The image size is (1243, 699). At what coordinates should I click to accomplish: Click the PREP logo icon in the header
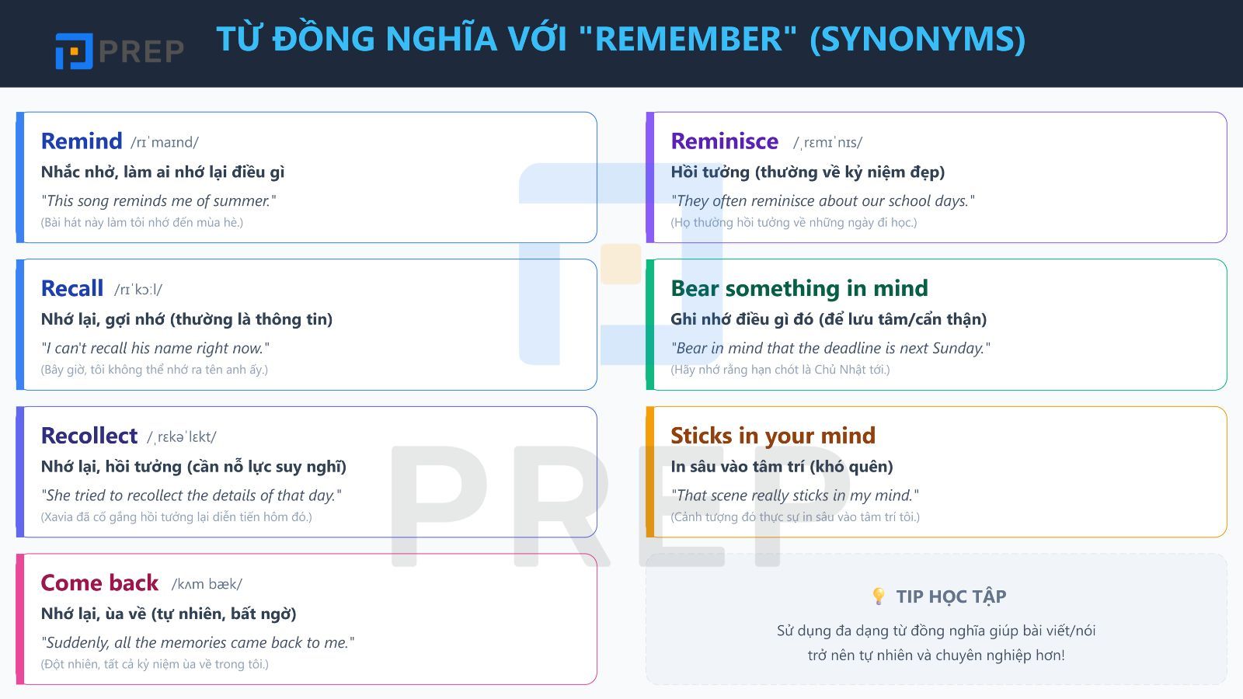[x=74, y=51]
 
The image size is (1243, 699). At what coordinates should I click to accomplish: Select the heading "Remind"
[x=82, y=141]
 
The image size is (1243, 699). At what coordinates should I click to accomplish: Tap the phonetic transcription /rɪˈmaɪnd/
[x=165, y=142]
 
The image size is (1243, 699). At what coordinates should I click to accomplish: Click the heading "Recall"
[x=72, y=289]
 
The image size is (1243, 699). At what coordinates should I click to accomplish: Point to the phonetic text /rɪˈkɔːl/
[x=138, y=290]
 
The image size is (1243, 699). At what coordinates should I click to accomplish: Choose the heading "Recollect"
[x=89, y=436]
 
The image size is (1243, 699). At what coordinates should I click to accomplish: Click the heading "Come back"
[x=99, y=583]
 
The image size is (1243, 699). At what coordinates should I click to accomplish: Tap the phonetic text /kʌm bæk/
[x=207, y=584]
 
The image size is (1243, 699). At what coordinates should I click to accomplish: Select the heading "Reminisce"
[x=724, y=141]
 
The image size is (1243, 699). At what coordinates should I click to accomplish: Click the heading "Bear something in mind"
[x=799, y=289]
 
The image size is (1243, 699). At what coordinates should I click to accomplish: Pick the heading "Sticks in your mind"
[x=772, y=436]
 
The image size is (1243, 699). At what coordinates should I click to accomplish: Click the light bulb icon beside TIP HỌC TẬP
[x=879, y=596]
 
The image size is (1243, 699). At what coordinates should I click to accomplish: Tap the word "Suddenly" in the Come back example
[x=75, y=643]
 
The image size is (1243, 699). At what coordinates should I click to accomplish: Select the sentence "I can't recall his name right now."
[x=155, y=348]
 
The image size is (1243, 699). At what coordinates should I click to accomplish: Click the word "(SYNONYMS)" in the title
[x=917, y=39]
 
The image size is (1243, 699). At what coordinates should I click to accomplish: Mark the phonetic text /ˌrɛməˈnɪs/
[x=827, y=142]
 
